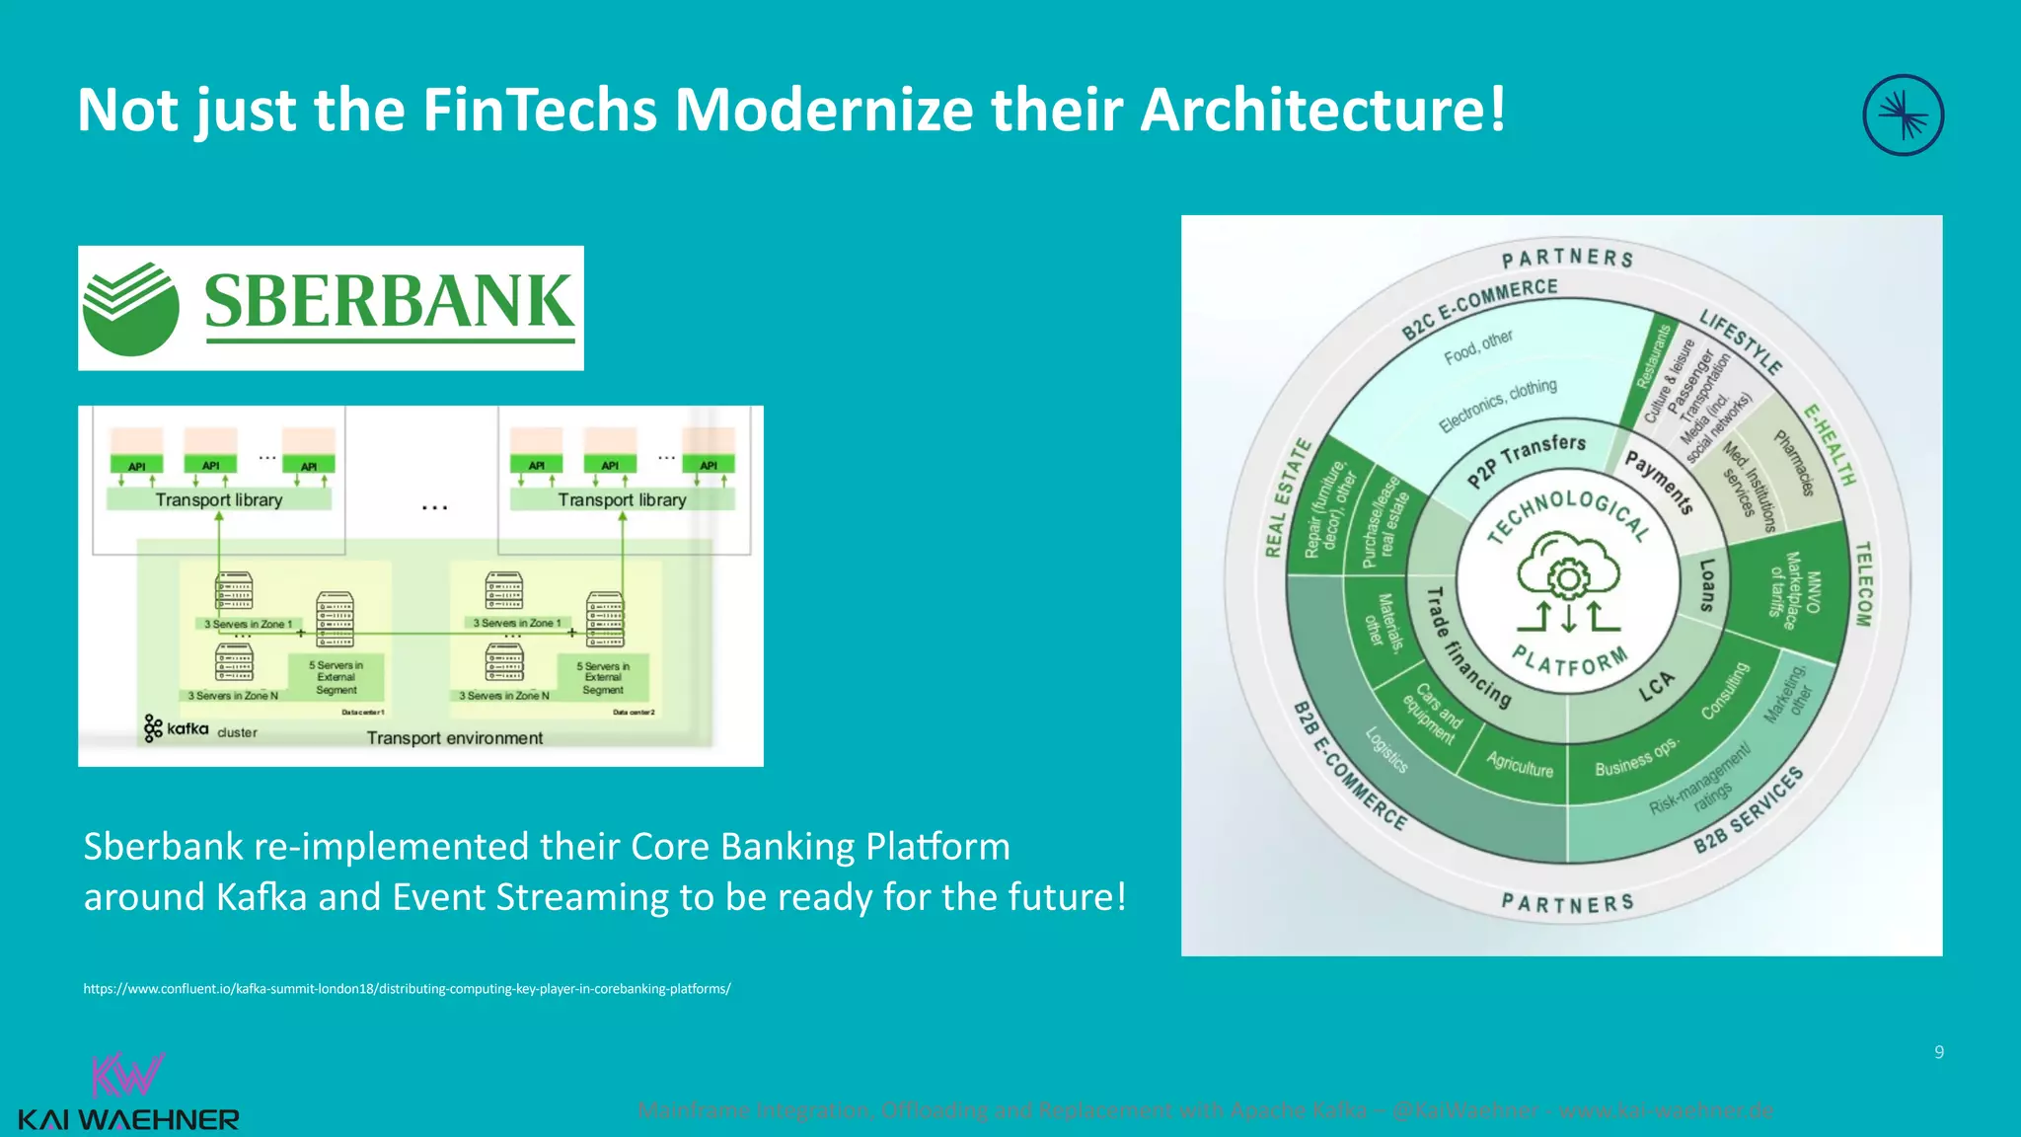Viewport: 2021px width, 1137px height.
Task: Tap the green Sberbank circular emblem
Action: point(130,309)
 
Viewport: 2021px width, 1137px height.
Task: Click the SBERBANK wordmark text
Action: point(389,302)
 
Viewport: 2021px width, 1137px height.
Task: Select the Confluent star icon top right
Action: point(1903,115)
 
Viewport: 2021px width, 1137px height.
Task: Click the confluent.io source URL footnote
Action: point(407,989)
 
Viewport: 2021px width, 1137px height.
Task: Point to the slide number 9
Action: point(1939,1052)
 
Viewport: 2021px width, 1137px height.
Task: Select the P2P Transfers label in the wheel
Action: point(1527,459)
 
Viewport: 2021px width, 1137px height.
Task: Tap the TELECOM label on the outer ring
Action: point(1863,583)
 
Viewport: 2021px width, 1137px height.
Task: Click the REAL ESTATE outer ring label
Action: point(1288,498)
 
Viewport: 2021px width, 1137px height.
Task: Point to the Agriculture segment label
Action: point(1520,765)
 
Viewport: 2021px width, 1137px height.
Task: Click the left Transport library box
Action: point(219,500)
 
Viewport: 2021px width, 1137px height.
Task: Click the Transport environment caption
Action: point(454,738)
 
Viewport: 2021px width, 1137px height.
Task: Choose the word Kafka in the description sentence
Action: point(262,897)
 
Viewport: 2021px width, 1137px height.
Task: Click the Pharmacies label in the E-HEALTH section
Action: point(1794,463)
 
